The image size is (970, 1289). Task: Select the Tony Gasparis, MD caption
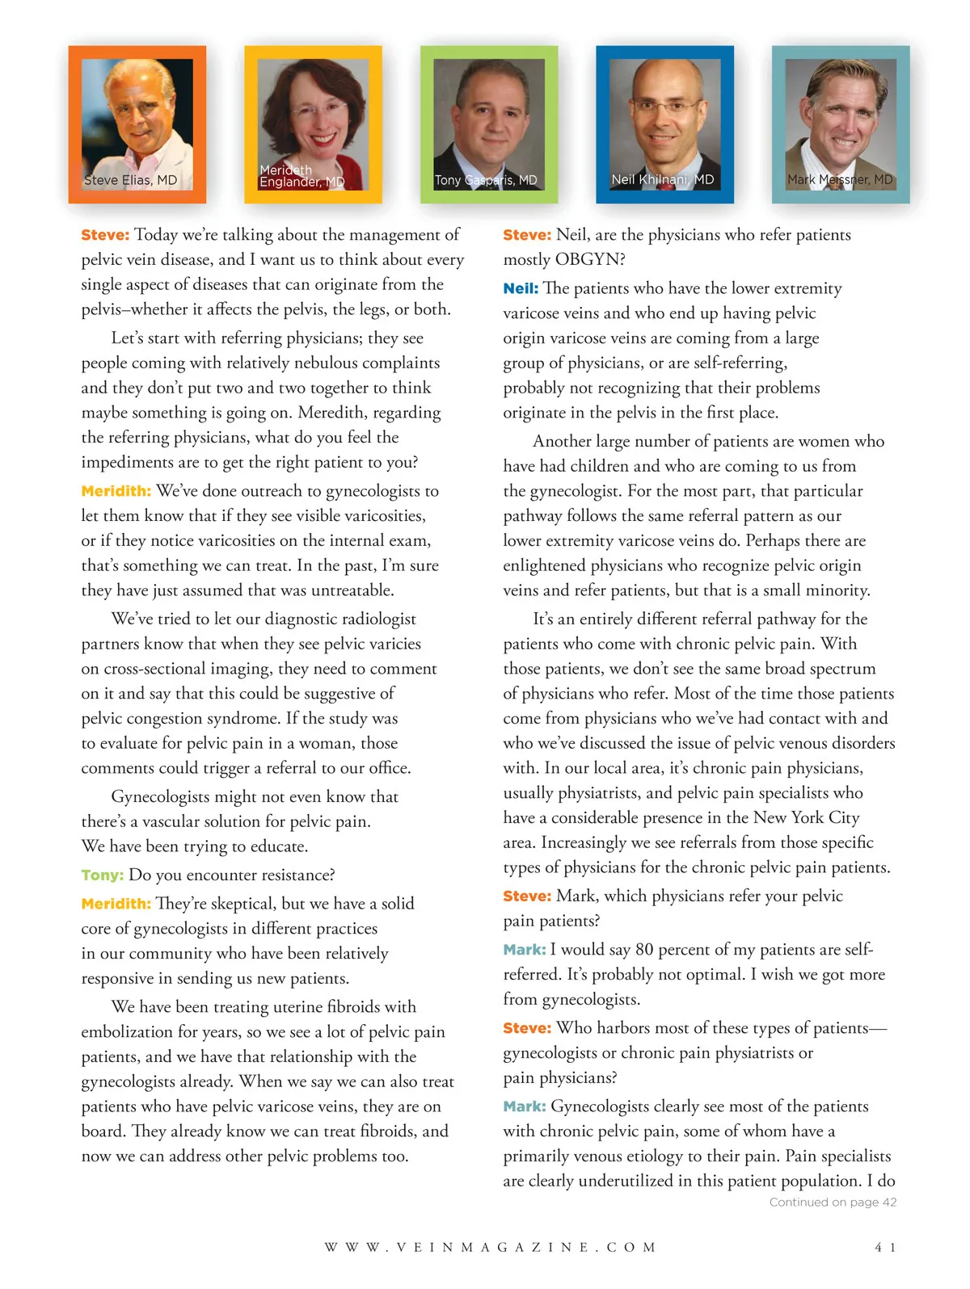pos(486,180)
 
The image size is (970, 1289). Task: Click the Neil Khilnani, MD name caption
pos(663,179)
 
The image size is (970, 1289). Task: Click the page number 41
pos(885,1247)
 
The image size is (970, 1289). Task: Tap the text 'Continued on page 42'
pos(833,1202)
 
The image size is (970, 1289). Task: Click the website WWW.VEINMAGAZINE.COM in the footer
pos(491,1247)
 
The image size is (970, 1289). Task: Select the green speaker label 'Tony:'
pos(103,875)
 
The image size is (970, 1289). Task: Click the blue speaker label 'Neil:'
pos(521,288)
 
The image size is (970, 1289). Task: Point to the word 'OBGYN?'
pos(590,259)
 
